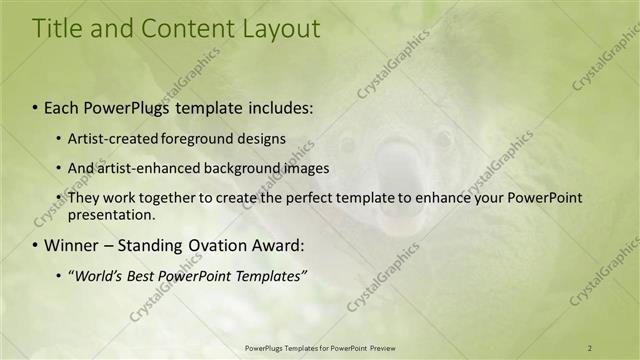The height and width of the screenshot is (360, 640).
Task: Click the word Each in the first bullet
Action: pyautogui.click(x=62, y=105)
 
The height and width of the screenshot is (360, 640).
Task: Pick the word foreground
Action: pyautogui.click(x=189, y=138)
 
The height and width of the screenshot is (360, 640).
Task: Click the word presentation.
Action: pyautogui.click(x=111, y=214)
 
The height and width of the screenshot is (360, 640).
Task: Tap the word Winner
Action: pyautogui.click(x=67, y=245)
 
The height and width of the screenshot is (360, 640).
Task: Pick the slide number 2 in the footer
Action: pyautogui.click(x=590, y=347)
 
